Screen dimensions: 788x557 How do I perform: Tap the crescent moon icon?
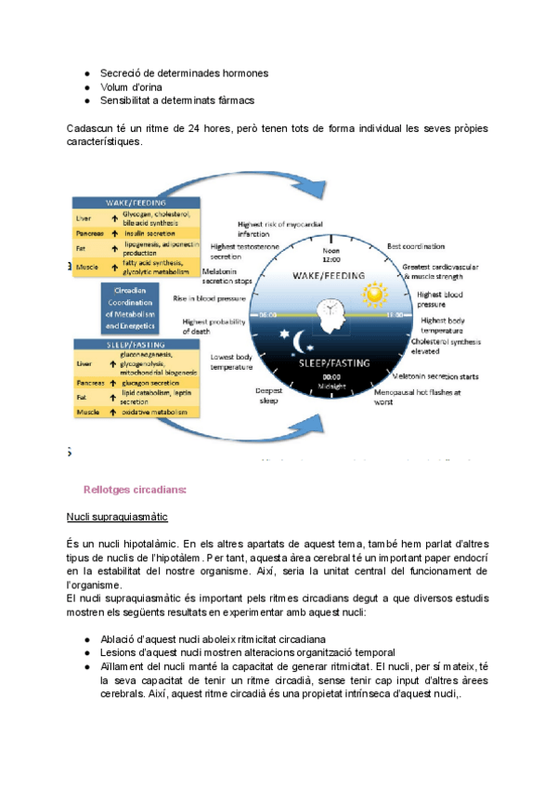click(x=299, y=342)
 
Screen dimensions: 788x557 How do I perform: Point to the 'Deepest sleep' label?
click(x=269, y=396)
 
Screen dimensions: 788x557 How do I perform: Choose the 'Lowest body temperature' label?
click(x=231, y=361)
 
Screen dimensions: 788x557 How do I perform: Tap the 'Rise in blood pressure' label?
click(x=209, y=299)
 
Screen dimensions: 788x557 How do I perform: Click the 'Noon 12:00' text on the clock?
click(x=331, y=255)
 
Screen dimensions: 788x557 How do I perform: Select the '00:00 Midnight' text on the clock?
click(x=331, y=381)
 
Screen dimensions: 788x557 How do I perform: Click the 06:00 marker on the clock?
click(x=267, y=315)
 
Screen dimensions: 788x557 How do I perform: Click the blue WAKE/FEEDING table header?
click(x=136, y=203)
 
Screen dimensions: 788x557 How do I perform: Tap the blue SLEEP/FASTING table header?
click(x=136, y=344)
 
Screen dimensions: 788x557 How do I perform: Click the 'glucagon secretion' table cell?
click(x=151, y=381)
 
